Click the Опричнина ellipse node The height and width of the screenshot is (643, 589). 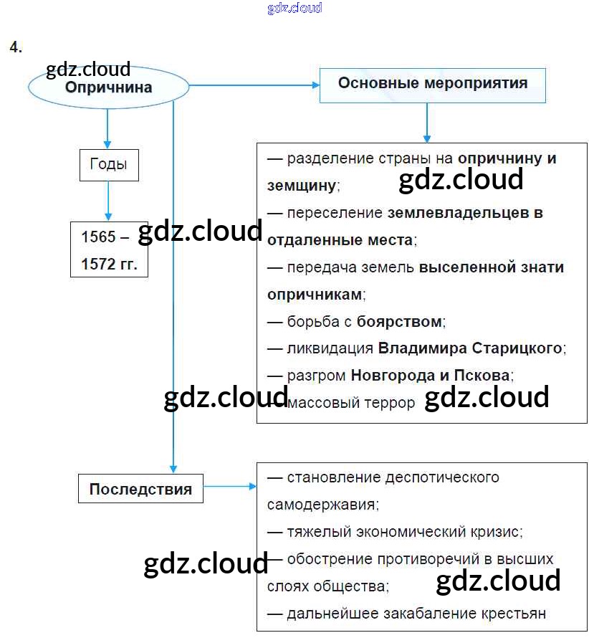point(108,87)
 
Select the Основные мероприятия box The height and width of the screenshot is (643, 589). point(432,84)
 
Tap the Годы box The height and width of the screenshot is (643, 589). point(108,164)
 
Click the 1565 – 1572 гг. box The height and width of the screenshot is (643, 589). point(109,250)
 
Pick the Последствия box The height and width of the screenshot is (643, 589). point(140,490)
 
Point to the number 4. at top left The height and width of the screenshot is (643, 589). point(16,47)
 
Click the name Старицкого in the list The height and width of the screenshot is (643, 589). point(517,348)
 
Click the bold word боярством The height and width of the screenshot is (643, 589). point(399,321)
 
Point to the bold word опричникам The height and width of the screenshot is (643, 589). point(314,295)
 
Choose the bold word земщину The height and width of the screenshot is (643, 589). point(301,186)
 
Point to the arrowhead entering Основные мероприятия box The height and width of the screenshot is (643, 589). point(316,85)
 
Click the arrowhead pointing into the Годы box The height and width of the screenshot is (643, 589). point(108,146)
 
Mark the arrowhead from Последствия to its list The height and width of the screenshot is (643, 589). point(252,487)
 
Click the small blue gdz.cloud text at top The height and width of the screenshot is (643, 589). point(294,8)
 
